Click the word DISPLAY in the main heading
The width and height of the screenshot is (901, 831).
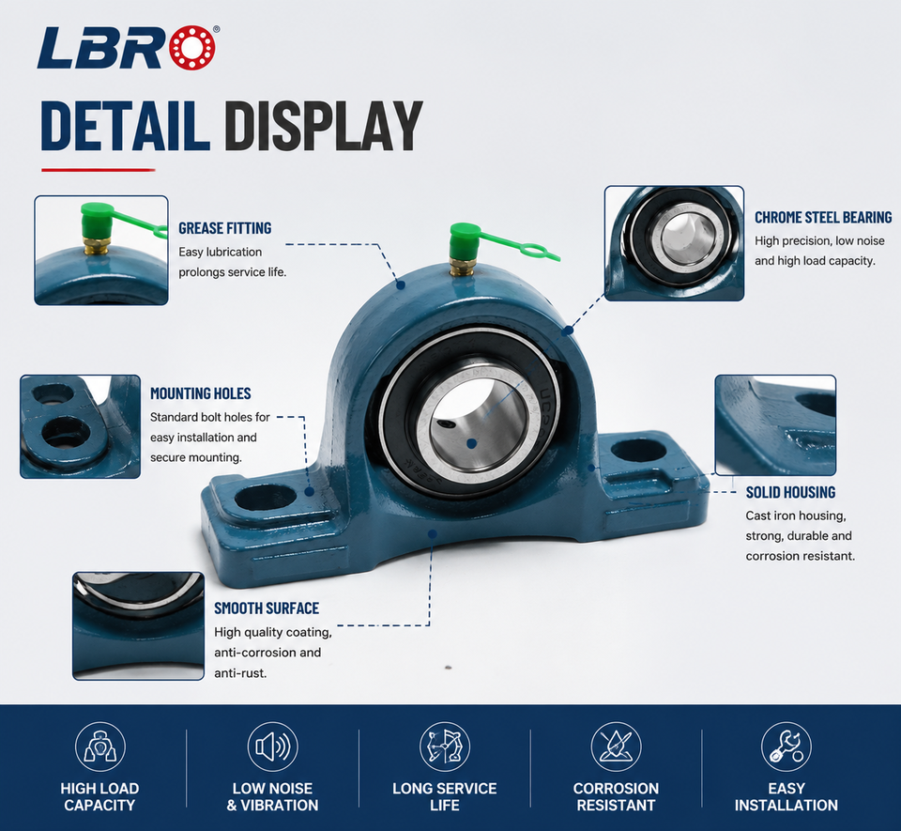coord(324,126)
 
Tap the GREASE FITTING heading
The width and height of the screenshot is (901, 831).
coord(224,228)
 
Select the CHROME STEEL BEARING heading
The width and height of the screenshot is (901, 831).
coord(823,217)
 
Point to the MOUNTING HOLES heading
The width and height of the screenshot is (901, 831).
coord(201,393)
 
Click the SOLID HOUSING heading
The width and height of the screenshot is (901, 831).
coord(790,493)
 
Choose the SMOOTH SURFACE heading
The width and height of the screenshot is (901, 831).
coord(267,608)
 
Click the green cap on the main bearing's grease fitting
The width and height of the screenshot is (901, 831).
coord(465,240)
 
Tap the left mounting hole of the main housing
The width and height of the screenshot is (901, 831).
coord(266,498)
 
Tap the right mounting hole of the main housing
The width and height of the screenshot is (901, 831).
coord(638,451)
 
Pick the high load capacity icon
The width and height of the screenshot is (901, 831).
coord(100,747)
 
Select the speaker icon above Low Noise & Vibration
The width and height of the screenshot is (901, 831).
coord(272,747)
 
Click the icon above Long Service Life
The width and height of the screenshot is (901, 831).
coord(445,747)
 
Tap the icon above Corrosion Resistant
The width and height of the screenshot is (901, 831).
coord(616,747)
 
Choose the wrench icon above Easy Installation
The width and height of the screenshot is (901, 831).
coord(786,747)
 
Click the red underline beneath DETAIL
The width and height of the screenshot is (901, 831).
coord(99,170)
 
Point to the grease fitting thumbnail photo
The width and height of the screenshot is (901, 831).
coord(101,250)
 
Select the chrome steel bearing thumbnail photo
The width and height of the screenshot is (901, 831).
coord(674,243)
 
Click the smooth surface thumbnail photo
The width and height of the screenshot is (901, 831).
coord(139,626)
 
